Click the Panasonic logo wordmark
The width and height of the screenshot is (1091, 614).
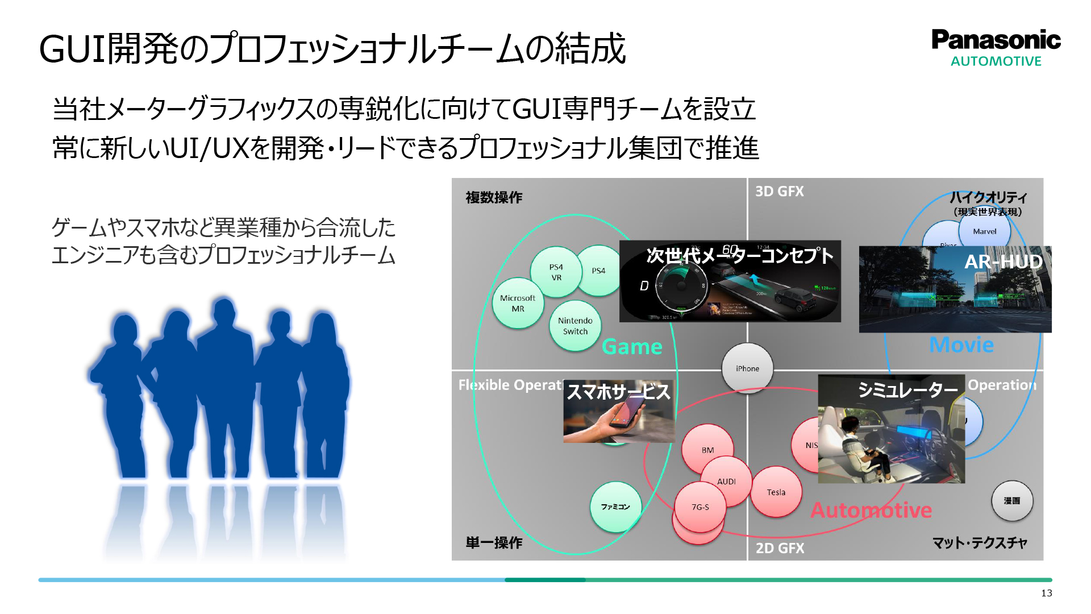click(996, 40)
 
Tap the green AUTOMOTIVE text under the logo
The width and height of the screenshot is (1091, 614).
click(996, 61)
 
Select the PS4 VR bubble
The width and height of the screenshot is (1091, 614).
click(556, 272)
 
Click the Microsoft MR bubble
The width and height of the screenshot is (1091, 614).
click(518, 304)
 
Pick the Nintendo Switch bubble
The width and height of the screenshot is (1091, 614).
click(575, 326)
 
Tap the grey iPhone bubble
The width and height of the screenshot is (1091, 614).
click(747, 368)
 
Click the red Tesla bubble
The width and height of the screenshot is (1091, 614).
click(776, 492)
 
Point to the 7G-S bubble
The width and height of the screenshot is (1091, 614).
click(700, 507)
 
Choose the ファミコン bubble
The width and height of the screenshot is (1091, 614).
click(615, 507)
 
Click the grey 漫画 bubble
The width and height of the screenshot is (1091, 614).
click(1011, 501)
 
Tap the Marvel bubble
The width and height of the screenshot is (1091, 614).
click(984, 231)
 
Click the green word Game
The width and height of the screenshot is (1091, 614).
click(632, 347)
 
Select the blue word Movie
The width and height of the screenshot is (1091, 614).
click(961, 345)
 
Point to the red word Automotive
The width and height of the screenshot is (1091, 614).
click(871, 510)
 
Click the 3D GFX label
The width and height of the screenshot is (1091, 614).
click(779, 192)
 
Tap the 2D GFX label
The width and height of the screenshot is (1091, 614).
click(780, 548)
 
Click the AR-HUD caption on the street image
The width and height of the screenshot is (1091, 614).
click(1003, 262)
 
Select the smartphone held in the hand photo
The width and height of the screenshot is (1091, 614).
click(625, 414)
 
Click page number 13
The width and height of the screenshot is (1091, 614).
click(1046, 593)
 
